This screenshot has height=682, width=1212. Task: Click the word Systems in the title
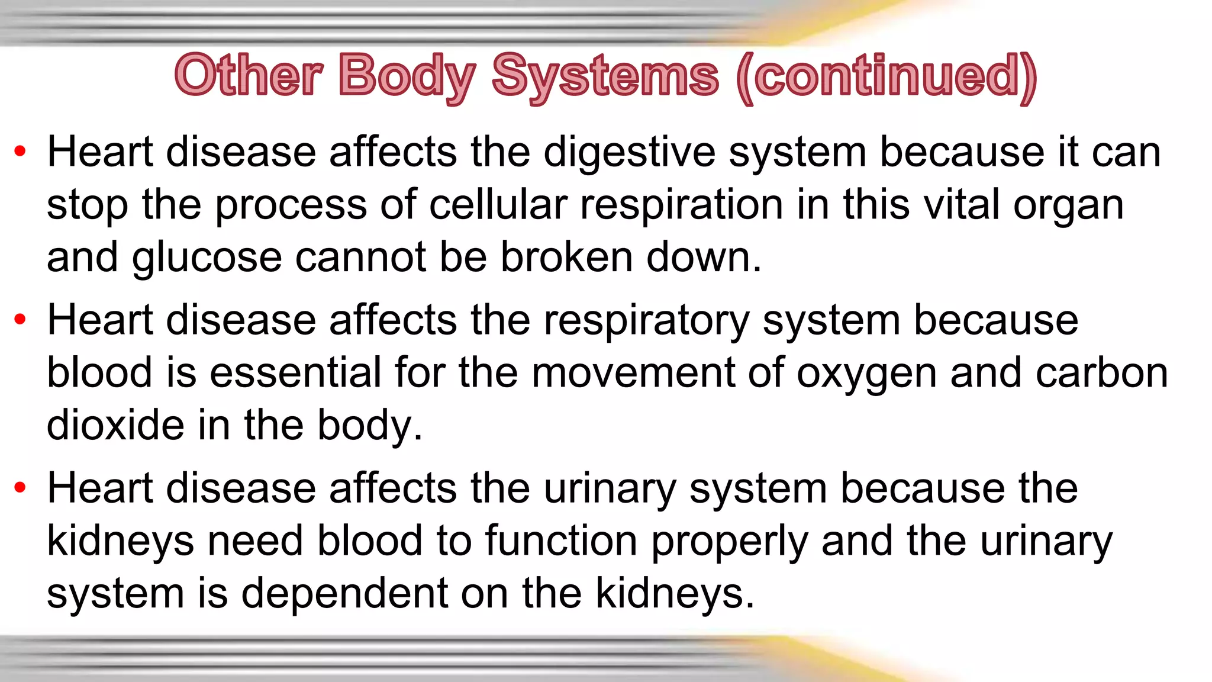(x=605, y=77)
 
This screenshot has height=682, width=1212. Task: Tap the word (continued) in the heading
(x=887, y=77)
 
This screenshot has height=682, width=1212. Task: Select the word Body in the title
(x=407, y=77)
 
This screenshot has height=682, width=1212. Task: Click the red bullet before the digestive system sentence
(x=20, y=152)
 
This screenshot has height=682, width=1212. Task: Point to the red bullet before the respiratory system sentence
(x=20, y=320)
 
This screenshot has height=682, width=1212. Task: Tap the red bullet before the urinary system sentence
(x=20, y=488)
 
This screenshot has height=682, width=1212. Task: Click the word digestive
(x=629, y=153)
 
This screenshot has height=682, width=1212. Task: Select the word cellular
(x=498, y=205)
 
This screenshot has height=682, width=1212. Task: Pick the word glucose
(x=207, y=258)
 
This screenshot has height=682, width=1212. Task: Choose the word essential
(x=295, y=373)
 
